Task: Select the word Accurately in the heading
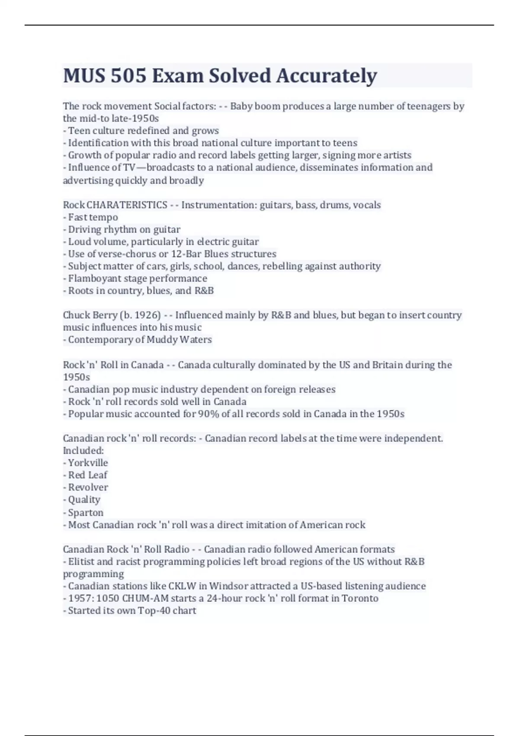point(327,76)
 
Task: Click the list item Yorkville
point(88,463)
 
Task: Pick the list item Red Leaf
point(88,475)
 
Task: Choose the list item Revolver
point(88,487)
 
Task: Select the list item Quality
point(84,500)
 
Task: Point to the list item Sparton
point(86,513)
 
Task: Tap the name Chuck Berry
point(90,315)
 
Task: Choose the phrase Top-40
point(154,611)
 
